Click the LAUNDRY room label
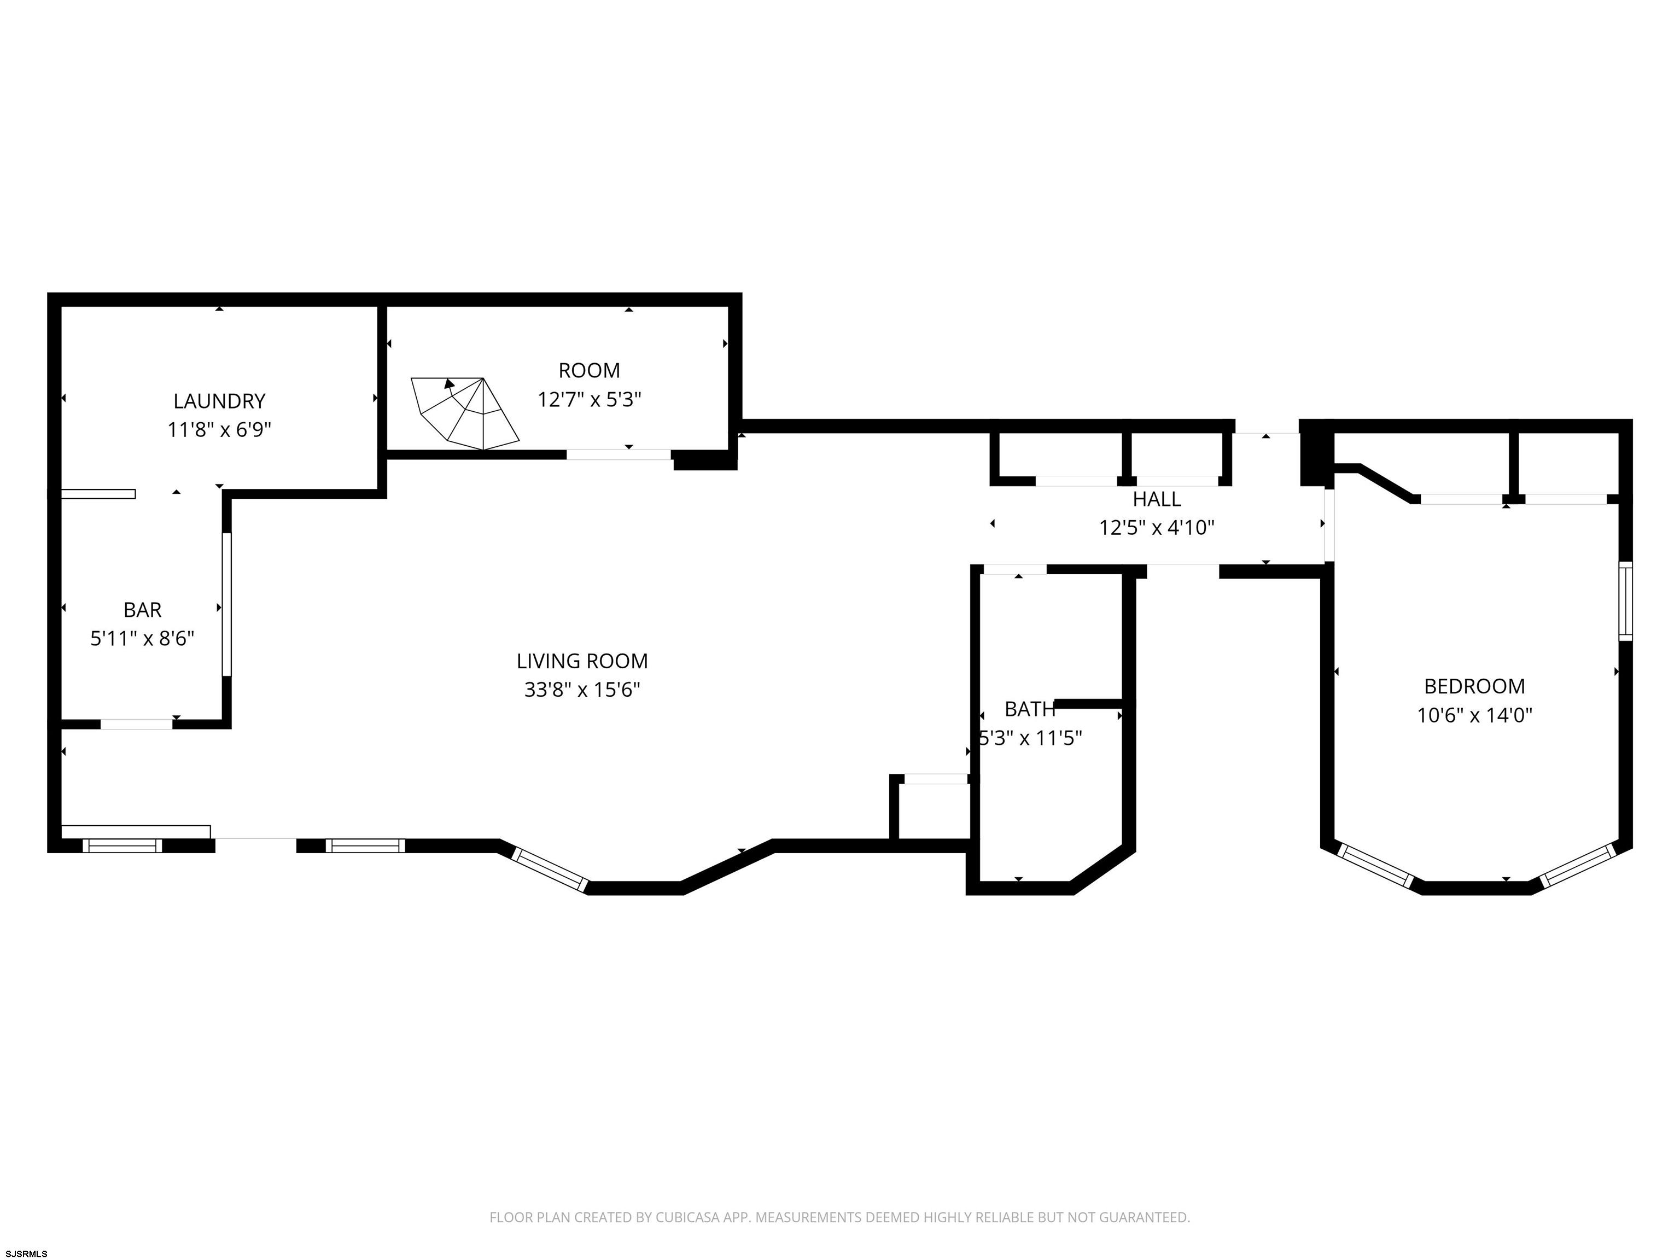219,401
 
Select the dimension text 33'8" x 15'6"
582,690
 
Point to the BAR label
143,610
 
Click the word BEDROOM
1474,686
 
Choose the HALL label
1157,499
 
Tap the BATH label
1030,709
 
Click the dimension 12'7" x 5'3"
590,400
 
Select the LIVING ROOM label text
582,662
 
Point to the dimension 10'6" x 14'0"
1474,715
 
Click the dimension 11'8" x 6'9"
219,430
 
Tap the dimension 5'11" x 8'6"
143,639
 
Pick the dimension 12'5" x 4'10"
1157,527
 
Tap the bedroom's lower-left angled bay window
1375,866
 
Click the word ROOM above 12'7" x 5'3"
590,371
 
